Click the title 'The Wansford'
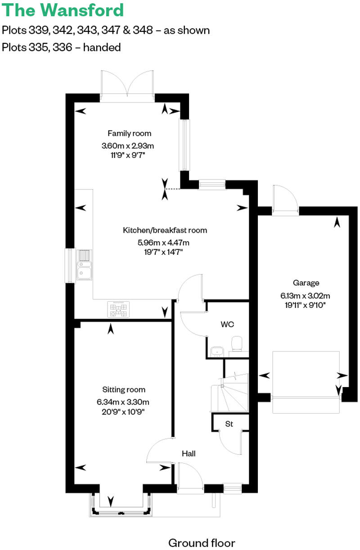coord(63,10)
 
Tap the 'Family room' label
coord(129,133)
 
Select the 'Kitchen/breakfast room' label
coord(165,230)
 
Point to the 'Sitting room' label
coord(124,390)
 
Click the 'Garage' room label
coord(306,283)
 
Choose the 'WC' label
coord(227,324)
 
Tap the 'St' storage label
coord(229,424)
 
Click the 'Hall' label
coord(189,454)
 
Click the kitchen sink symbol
coord(84,265)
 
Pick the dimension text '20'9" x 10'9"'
coord(123,411)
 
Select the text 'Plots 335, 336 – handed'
coord(61,47)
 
